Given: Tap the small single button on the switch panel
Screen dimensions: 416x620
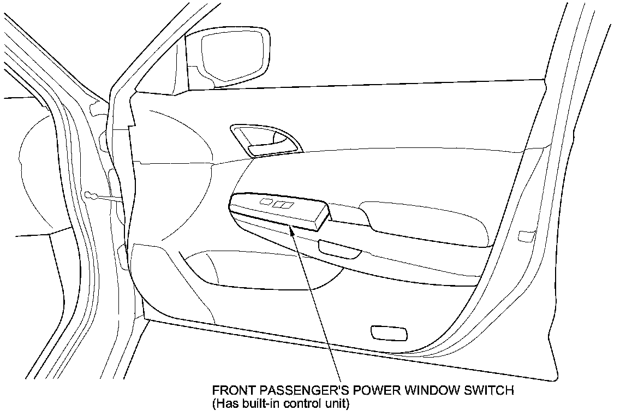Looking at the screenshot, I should point(266,201).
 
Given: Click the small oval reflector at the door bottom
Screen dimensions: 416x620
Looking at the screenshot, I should point(388,332).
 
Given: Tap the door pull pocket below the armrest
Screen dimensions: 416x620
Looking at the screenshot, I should point(339,248).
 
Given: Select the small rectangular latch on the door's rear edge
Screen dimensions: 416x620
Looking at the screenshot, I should point(526,236).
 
